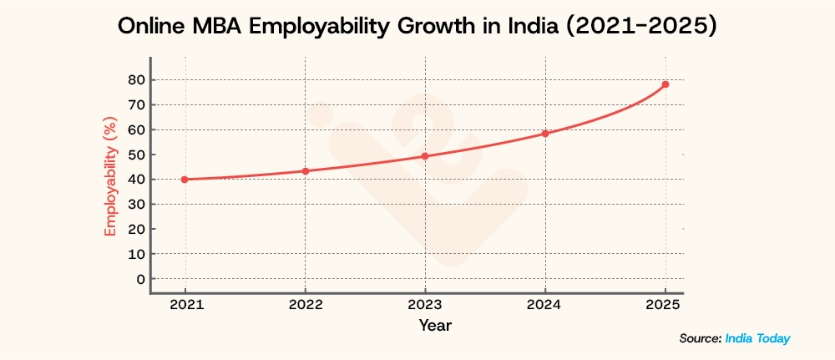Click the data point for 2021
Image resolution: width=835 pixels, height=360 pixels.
(x=185, y=180)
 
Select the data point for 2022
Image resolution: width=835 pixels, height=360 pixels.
(x=305, y=171)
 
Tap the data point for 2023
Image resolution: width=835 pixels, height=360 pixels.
(x=425, y=156)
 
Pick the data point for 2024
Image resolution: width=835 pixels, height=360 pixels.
(x=545, y=134)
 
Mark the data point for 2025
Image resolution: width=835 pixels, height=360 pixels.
(x=665, y=84)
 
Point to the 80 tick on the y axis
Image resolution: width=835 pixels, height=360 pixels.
(x=135, y=80)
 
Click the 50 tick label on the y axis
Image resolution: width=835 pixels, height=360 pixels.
(x=135, y=155)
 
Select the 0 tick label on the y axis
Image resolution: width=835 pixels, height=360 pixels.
(x=139, y=279)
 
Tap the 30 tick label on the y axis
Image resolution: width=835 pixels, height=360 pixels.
(x=135, y=204)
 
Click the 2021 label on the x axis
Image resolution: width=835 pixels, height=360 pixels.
(x=185, y=306)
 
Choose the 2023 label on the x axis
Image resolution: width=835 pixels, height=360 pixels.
(x=425, y=306)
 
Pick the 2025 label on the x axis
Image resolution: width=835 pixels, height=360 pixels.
(x=665, y=306)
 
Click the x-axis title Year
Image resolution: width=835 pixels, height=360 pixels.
(x=435, y=325)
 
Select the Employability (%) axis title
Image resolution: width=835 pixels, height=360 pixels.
(x=109, y=179)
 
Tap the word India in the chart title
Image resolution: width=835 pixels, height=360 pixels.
(x=537, y=27)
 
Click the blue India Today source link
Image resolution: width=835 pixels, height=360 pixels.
(x=757, y=338)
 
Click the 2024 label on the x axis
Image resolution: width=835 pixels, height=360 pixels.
(x=545, y=306)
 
